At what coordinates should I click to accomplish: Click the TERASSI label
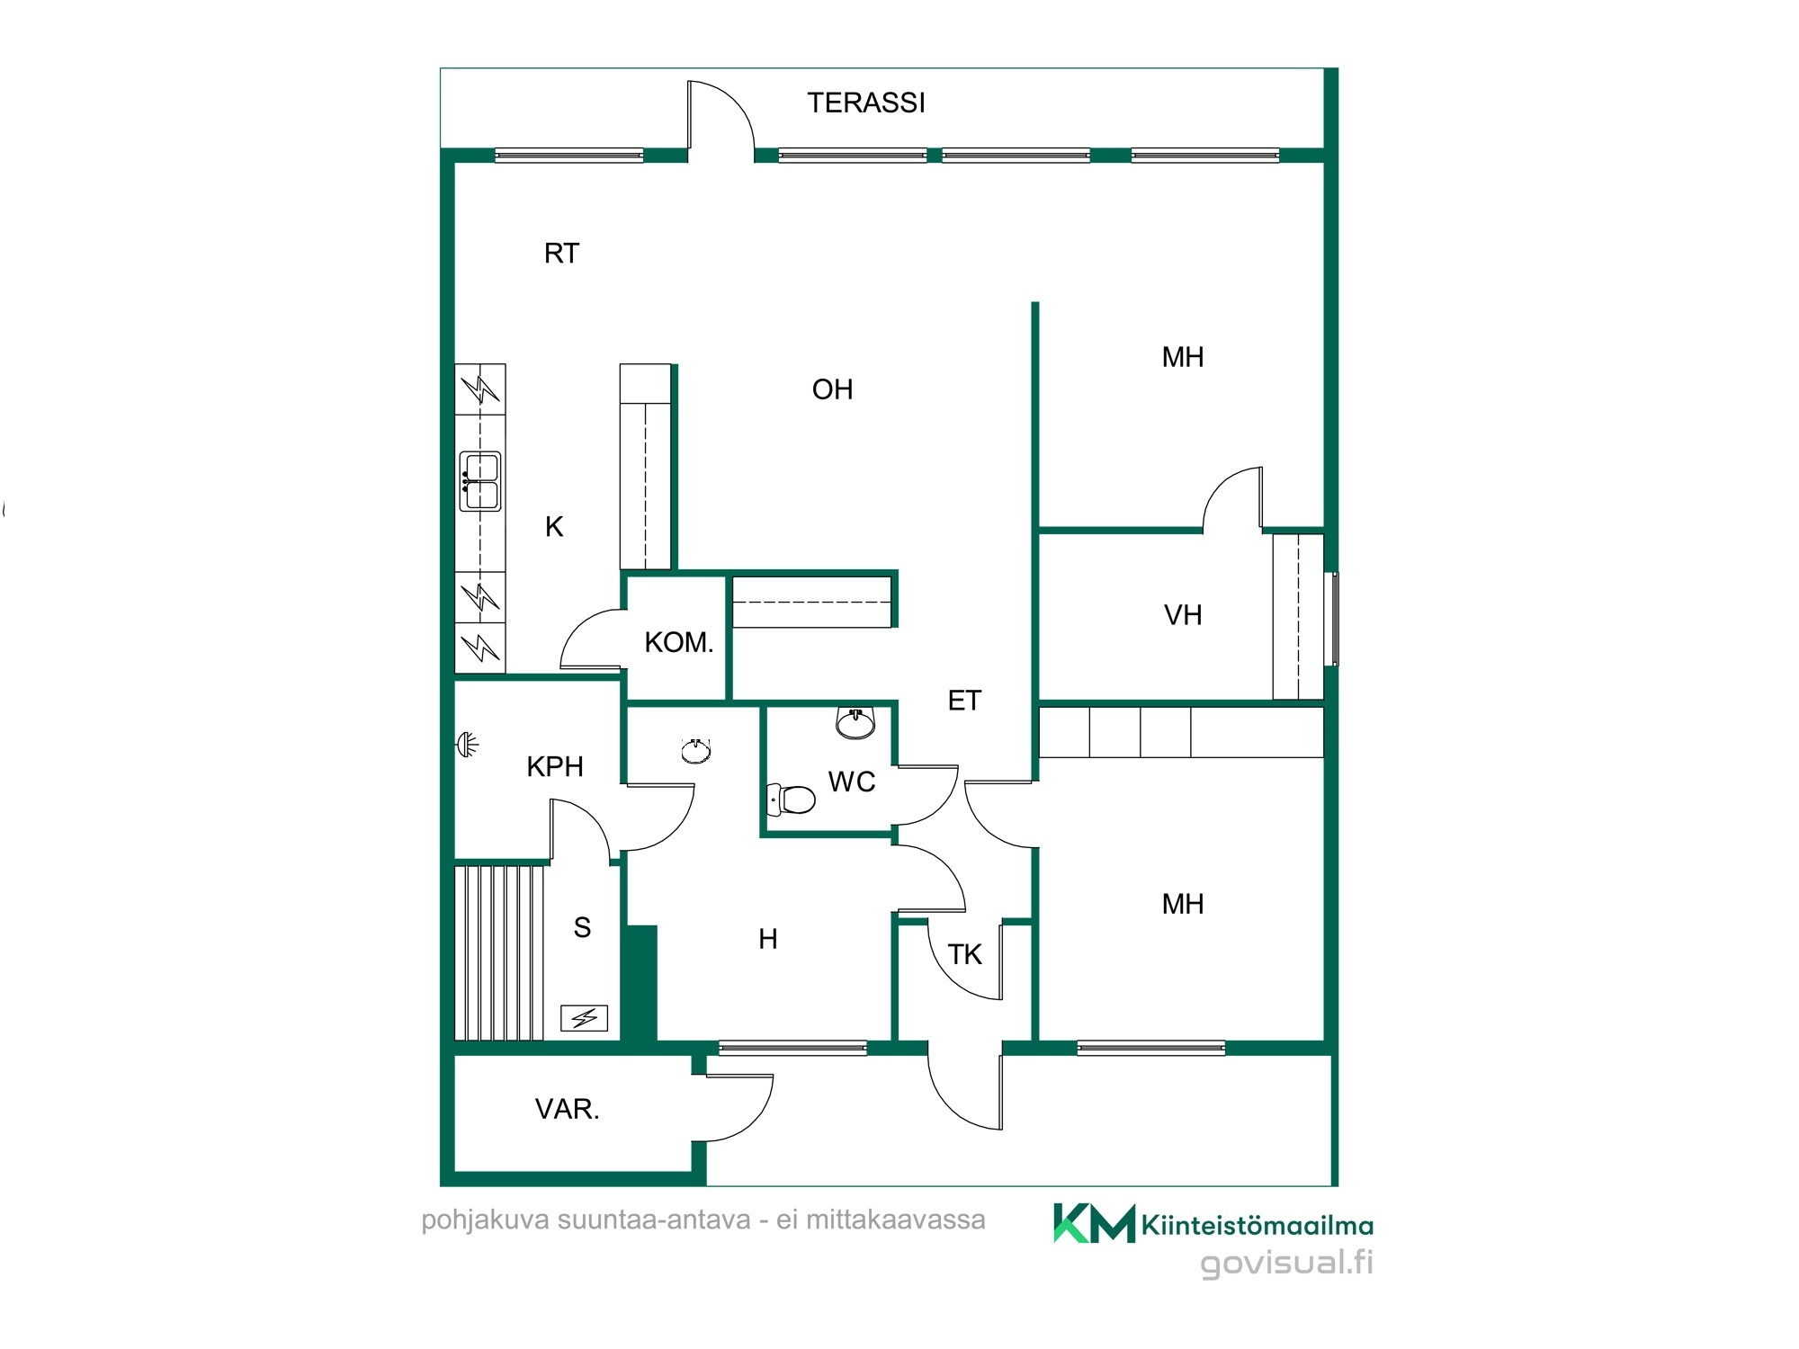click(865, 103)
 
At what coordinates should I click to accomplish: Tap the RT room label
click(561, 254)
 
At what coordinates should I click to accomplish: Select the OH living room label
click(832, 389)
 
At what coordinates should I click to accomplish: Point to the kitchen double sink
click(480, 481)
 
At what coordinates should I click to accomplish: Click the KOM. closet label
click(679, 642)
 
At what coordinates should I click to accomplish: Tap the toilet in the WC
click(790, 799)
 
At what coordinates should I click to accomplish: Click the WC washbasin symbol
click(855, 722)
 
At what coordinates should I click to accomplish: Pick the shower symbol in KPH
click(467, 745)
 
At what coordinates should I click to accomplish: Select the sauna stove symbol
click(585, 1018)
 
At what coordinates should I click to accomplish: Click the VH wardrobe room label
click(1183, 615)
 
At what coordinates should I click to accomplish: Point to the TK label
click(965, 954)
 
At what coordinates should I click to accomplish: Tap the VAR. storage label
click(567, 1109)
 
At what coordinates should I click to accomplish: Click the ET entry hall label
click(964, 701)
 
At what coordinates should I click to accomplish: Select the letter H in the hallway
click(767, 939)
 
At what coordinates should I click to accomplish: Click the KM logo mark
click(1094, 1223)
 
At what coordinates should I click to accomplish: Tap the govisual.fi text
click(1286, 1263)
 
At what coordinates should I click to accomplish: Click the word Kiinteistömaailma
click(1257, 1225)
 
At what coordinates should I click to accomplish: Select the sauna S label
click(582, 927)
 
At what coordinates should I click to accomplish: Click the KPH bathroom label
click(555, 766)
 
